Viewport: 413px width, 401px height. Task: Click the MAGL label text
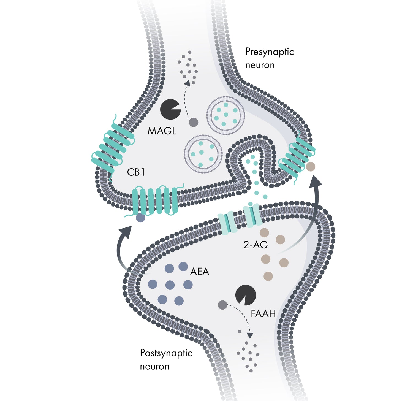[162, 131]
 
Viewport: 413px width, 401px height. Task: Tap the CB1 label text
[136, 172]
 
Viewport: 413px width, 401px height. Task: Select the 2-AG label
[256, 245]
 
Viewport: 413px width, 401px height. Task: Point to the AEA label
[200, 272]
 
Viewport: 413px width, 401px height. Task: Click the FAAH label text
[263, 314]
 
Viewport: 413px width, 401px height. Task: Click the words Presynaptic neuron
[269, 58]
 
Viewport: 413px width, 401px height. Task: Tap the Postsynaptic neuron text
[166, 359]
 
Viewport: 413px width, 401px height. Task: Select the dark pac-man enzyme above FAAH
[245, 295]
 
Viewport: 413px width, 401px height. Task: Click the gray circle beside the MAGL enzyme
[194, 122]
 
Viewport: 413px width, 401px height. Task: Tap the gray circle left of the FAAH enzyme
[222, 305]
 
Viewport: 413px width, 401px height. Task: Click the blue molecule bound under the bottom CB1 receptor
[140, 218]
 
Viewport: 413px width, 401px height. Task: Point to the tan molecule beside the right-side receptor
[311, 167]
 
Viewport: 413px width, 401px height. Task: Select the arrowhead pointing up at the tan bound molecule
[316, 182]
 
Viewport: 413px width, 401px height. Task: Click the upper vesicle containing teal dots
[226, 115]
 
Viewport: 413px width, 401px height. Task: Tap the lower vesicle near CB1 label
[203, 154]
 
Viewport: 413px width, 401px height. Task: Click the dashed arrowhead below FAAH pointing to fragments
[250, 335]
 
